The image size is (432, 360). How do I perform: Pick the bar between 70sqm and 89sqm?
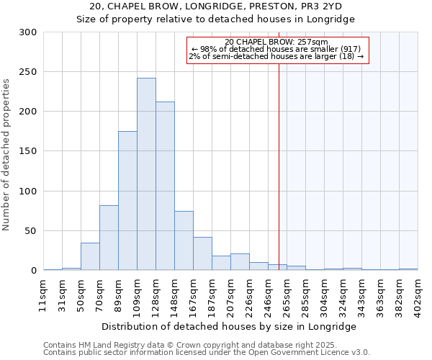(109, 238)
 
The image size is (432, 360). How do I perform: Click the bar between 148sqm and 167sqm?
(184, 240)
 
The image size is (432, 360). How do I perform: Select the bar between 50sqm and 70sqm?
(90, 256)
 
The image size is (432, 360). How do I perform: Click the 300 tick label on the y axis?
(28, 32)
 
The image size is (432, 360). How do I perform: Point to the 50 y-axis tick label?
(31, 231)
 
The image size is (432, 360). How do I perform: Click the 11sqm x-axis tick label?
(43, 294)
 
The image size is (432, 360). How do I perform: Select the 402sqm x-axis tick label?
(418, 294)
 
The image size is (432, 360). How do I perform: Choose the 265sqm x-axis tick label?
(287, 294)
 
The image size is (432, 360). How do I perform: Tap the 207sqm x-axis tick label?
(230, 294)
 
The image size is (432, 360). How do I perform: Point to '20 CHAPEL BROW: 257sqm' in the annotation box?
(276, 42)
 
